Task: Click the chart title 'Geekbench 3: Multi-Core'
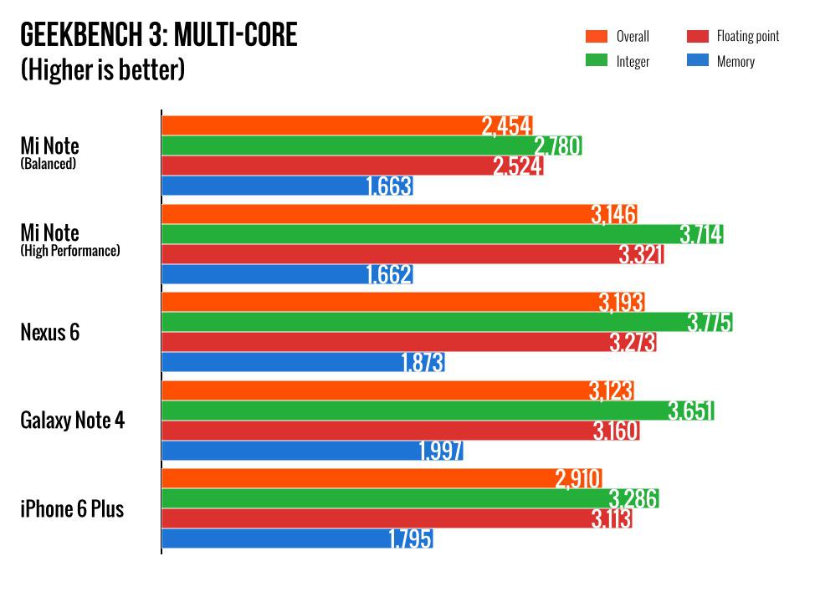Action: click(x=159, y=36)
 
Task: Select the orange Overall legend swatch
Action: click(x=596, y=36)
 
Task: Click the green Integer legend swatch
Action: click(x=596, y=61)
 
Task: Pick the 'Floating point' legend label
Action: click(x=747, y=36)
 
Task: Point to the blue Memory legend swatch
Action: click(x=698, y=61)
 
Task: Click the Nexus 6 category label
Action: click(x=49, y=332)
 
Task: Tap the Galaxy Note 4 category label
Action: click(x=72, y=420)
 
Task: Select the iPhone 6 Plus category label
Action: click(x=72, y=508)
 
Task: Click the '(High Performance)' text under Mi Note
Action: click(x=70, y=250)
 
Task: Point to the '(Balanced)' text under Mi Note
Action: click(x=49, y=164)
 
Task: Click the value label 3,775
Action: click(x=710, y=322)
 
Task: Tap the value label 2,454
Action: click(x=506, y=126)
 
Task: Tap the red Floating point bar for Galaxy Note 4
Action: click(x=377, y=431)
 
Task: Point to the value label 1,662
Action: click(x=389, y=274)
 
